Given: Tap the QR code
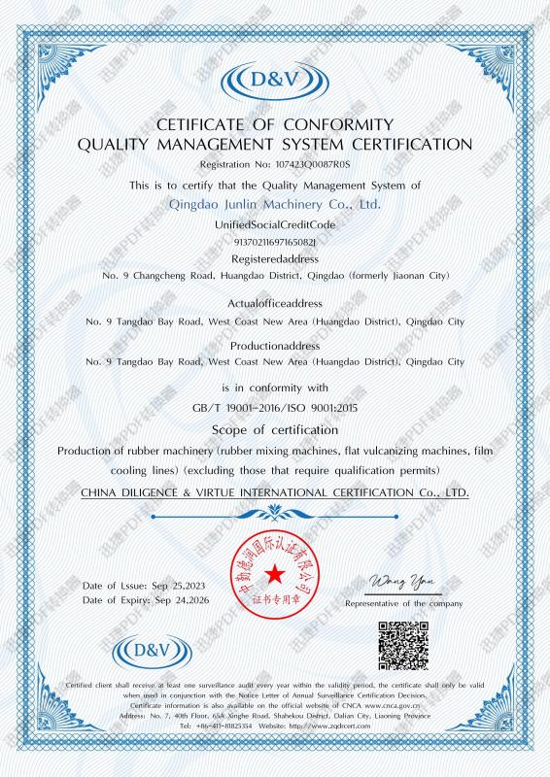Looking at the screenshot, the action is [402, 643].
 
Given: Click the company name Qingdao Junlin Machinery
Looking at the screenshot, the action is [274, 205].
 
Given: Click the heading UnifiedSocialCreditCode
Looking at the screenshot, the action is [275, 224].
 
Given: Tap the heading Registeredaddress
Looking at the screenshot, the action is [275, 259].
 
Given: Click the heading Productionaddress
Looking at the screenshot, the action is [275, 345].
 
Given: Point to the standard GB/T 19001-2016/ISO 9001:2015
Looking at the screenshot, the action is [275, 409].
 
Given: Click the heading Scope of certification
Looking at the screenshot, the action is [275, 429].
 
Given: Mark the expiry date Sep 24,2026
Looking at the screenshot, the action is [185, 601].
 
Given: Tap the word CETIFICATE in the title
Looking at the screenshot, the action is [200, 124].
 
